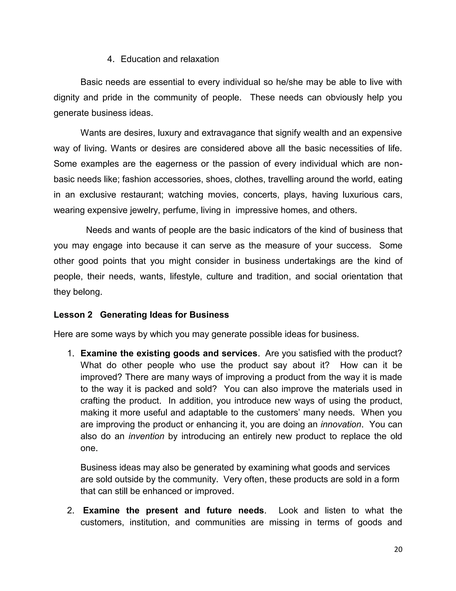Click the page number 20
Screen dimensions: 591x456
398,550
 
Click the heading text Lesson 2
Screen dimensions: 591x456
73,315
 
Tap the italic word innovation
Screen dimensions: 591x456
341,424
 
